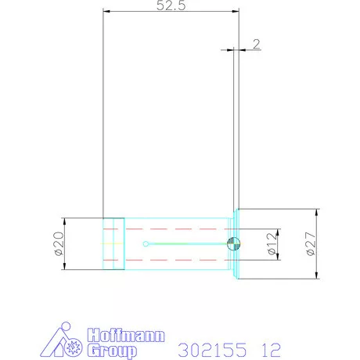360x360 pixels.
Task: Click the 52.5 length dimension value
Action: coord(171,5)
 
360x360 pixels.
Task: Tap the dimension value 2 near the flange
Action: coord(257,44)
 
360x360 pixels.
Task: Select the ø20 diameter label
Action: coord(59,243)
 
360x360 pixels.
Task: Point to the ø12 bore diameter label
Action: coord(272,244)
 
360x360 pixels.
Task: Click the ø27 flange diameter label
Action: coord(311,244)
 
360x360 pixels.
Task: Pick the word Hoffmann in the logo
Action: coord(126,336)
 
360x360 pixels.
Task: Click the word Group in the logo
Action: coord(112,351)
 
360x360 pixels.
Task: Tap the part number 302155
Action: coord(212,350)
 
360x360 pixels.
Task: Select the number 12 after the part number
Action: coord(272,350)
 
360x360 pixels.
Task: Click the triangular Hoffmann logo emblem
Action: coord(62,340)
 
